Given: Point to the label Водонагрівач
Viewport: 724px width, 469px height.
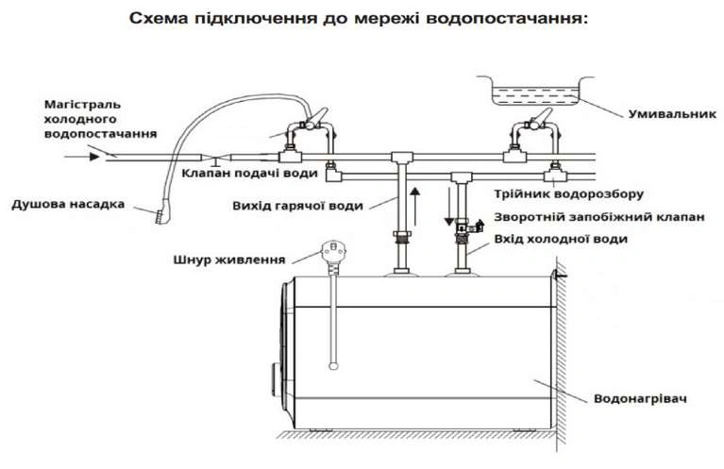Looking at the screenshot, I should click(638, 396).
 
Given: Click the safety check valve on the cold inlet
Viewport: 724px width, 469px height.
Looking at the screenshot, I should click(465, 227).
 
